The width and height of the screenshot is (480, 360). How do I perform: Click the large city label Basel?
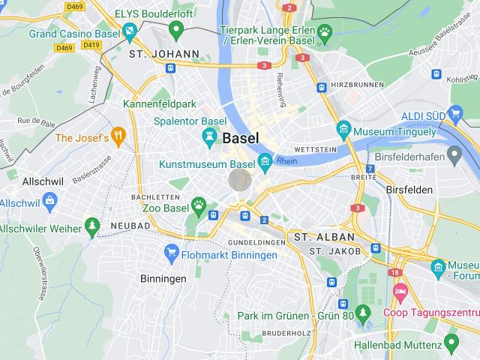pyautogui.click(x=241, y=138)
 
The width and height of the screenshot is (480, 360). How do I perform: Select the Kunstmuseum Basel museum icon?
pyautogui.click(x=265, y=161)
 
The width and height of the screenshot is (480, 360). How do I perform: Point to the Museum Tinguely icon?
pyautogui.click(x=344, y=127)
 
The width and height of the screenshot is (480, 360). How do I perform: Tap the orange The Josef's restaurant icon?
pyautogui.click(x=118, y=137)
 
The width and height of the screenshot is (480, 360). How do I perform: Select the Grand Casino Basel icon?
pyautogui.click(x=130, y=31)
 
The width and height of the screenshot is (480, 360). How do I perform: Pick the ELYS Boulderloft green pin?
pyautogui.click(x=177, y=29)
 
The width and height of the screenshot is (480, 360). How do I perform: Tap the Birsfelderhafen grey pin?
pyautogui.click(x=454, y=154)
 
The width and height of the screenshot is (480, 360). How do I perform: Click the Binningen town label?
pyautogui.click(x=163, y=278)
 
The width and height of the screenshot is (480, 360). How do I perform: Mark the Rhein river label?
pyautogui.click(x=286, y=160)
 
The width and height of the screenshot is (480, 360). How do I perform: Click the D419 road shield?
pyautogui.click(x=91, y=45)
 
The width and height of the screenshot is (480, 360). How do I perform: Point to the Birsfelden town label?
pyautogui.click(x=409, y=190)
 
